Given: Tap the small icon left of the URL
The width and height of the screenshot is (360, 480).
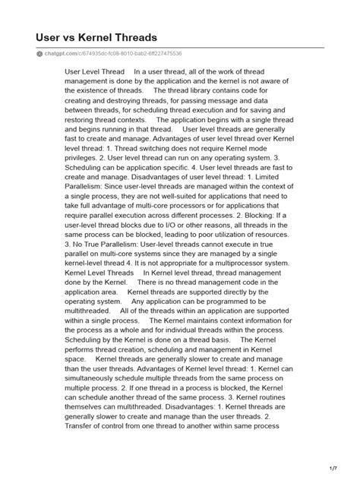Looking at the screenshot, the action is [39, 53].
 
